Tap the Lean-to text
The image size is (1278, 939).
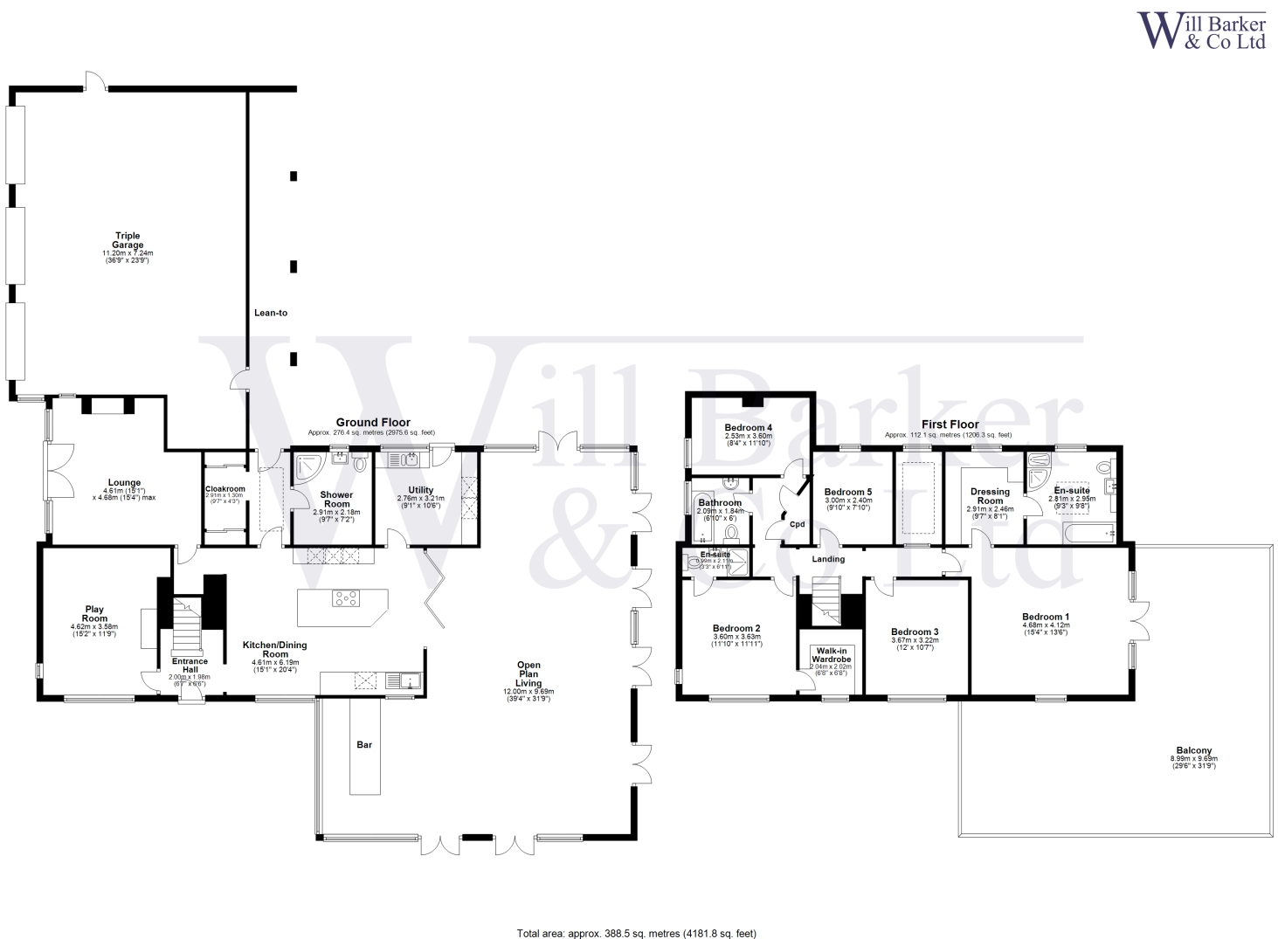point(270,313)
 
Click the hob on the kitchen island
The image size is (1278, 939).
point(345,599)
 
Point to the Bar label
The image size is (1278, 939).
point(364,745)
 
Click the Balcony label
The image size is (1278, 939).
point(1193,750)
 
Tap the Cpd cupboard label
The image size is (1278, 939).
point(797,524)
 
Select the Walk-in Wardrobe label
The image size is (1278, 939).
point(831,655)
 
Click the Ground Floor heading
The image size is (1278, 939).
point(373,423)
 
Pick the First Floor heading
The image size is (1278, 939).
point(950,425)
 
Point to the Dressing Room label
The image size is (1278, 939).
point(990,496)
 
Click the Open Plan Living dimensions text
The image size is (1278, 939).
point(528,692)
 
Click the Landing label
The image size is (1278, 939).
point(828,559)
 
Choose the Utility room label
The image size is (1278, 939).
point(420,490)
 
